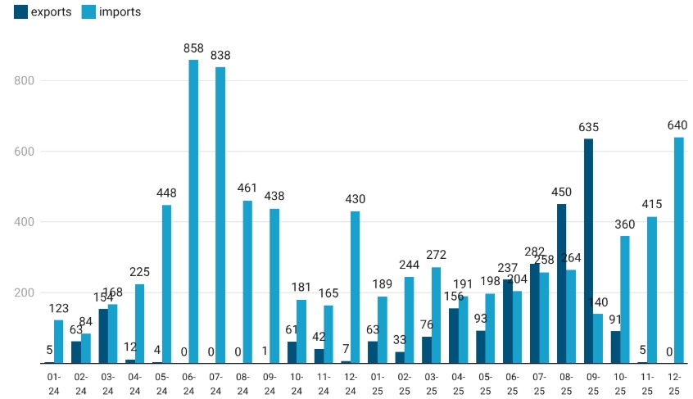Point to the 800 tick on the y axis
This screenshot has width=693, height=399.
click(25, 81)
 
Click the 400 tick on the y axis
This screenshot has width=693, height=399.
click(25, 222)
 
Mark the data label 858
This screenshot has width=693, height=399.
click(193, 48)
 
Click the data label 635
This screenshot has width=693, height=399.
click(588, 127)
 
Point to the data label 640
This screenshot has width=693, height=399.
click(677, 125)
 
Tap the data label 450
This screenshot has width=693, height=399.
click(561, 193)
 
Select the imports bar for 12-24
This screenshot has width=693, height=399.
click(355, 287)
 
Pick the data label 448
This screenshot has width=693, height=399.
click(166, 193)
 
